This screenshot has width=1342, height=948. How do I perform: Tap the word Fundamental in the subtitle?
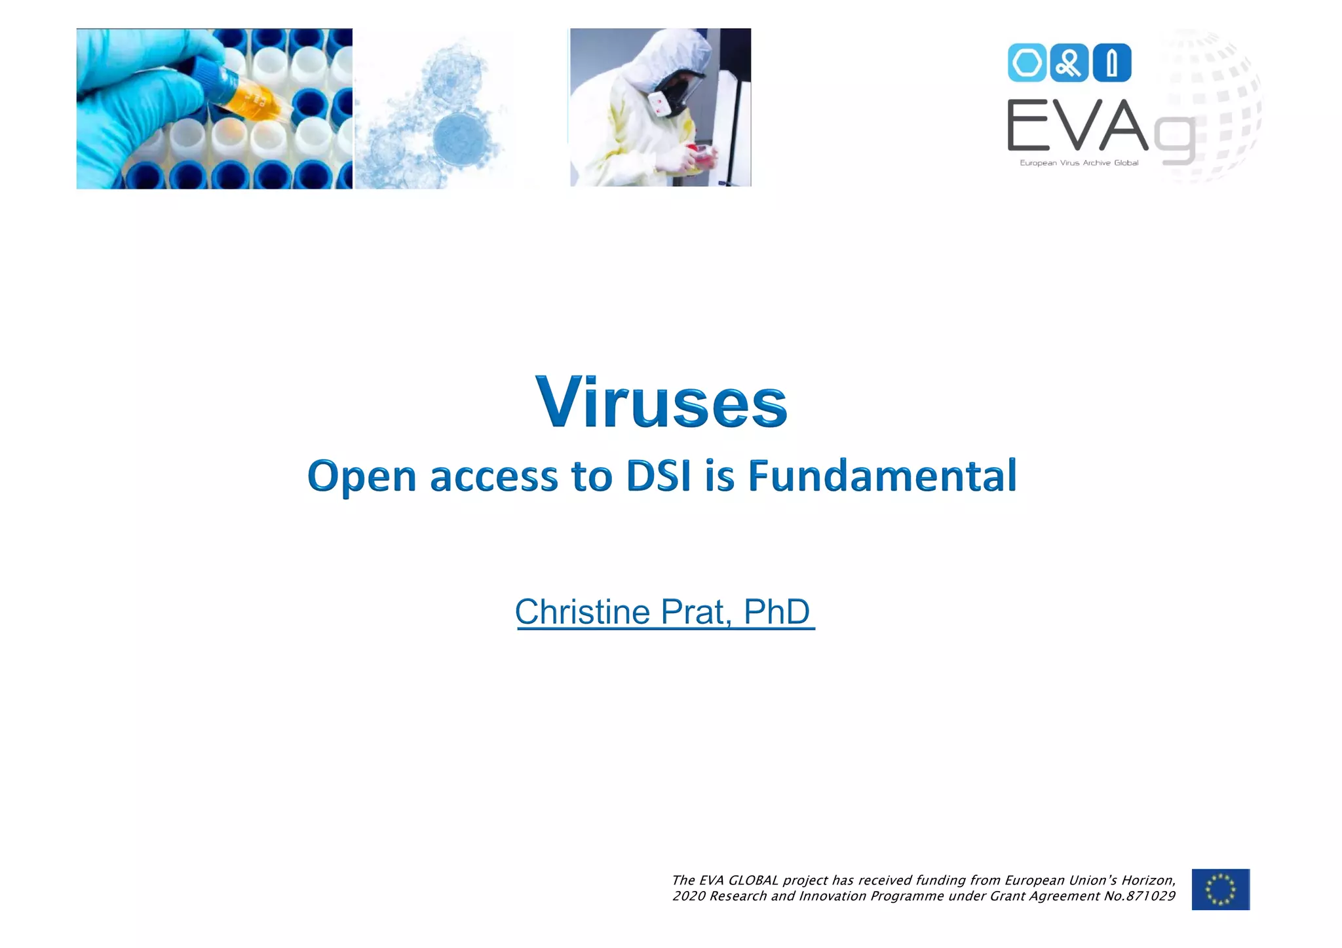coord(882,476)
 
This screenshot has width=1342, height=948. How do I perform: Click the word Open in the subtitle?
coord(362,477)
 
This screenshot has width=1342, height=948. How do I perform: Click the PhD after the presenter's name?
coord(776,612)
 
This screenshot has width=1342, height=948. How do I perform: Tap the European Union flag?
coord(1220,889)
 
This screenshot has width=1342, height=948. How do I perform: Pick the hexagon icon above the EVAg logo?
coord(1026,64)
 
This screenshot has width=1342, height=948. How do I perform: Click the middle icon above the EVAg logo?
coord(1069,64)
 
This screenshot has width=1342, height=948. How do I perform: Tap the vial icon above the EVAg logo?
coord(1111,64)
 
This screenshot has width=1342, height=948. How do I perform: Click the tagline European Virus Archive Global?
coord(1079,162)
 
